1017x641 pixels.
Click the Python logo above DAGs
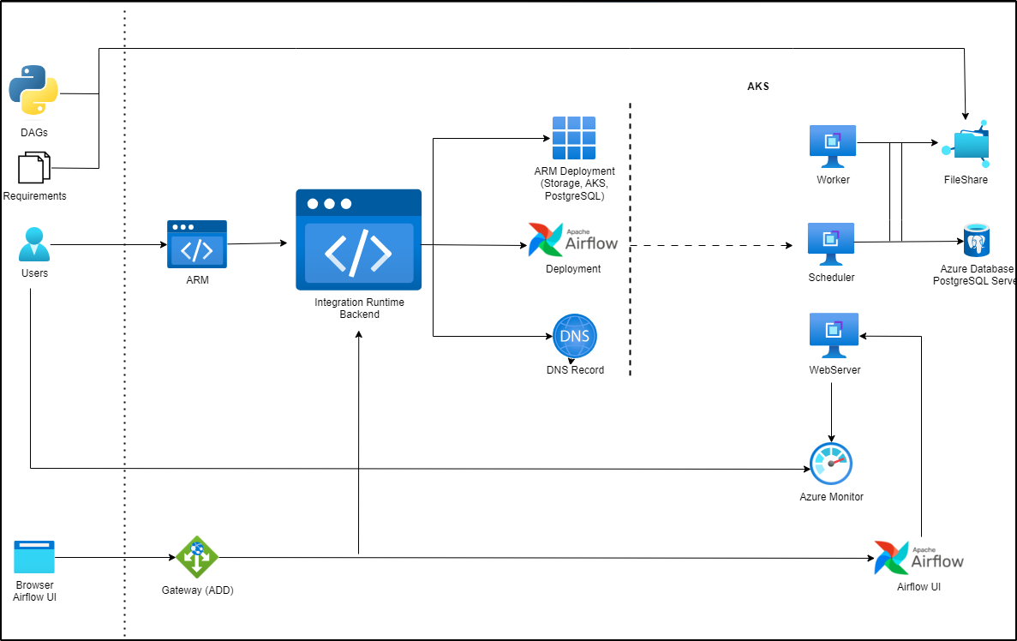[33, 90]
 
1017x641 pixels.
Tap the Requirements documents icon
[34, 168]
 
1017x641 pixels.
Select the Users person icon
[34, 245]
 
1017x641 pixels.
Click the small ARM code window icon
[197, 246]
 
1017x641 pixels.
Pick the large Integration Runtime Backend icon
[359, 240]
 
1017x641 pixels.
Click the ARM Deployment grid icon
[573, 138]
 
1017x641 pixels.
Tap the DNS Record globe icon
[574, 336]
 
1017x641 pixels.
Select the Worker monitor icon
[832, 146]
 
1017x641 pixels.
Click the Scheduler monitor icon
[831, 244]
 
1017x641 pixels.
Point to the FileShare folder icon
[966, 145]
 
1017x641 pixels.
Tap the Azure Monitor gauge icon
[831, 464]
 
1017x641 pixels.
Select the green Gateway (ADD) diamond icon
[197, 557]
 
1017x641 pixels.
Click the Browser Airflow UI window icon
[34, 557]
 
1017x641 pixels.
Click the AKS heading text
[758, 87]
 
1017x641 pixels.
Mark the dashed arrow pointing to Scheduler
[711, 246]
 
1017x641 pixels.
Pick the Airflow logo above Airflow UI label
[918, 557]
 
